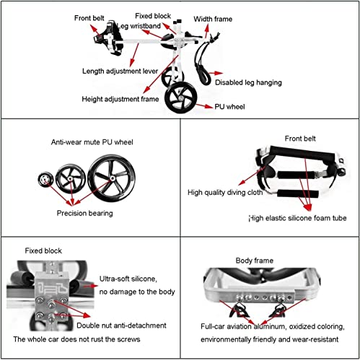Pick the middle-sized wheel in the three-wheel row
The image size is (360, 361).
71,178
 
